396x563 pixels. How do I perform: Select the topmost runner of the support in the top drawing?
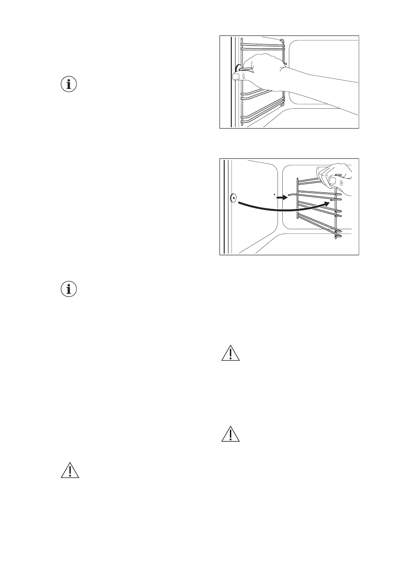tap(262, 46)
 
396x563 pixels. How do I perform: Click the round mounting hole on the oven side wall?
tap(233, 199)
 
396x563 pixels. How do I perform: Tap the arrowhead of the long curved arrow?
tap(325, 201)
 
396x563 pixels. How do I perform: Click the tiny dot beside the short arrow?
tap(273, 194)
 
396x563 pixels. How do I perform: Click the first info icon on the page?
tap(70, 85)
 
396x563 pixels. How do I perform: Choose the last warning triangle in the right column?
tap(231, 434)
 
